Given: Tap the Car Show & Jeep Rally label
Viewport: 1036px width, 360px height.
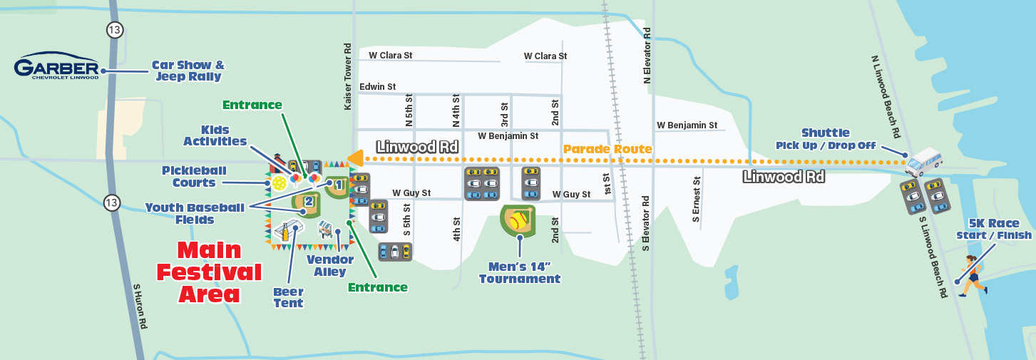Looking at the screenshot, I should tap(188, 71).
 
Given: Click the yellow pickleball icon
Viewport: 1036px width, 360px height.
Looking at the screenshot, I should tap(279, 183).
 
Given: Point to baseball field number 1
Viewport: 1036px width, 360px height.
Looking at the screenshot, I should tap(338, 185).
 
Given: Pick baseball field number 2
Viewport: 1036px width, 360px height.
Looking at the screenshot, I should tap(307, 202).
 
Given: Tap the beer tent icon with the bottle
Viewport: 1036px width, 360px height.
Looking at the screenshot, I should tap(286, 232).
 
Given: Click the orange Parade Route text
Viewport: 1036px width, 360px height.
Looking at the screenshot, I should tap(607, 149).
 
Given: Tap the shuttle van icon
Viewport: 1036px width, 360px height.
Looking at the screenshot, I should tap(924, 162).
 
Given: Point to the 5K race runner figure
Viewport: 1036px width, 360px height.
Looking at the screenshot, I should tap(973, 275).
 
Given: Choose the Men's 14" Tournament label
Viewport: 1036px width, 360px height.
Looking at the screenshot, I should tap(519, 273).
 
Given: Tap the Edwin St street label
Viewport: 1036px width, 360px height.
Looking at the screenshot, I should tap(377, 87).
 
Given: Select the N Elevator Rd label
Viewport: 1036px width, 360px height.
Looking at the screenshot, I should tap(647, 56).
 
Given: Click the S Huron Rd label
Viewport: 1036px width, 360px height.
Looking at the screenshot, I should tap(140, 306).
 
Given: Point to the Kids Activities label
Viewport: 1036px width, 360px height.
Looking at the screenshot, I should tap(215, 135).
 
